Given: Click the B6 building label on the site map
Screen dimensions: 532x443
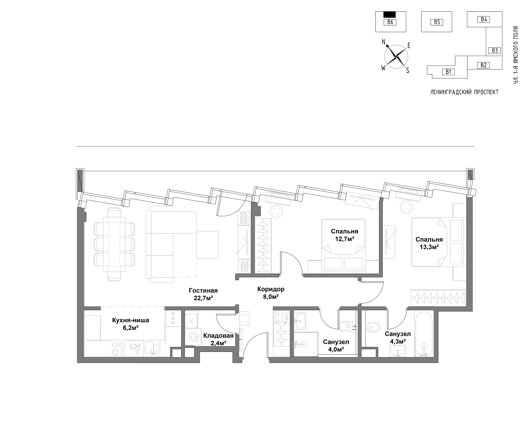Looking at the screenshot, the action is point(390,22).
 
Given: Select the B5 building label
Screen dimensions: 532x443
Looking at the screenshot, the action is point(437,22).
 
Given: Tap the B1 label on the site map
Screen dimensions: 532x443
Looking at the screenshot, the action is point(449,72).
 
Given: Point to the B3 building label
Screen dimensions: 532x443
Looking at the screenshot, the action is point(495,50).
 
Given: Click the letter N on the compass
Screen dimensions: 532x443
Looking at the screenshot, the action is point(384,42).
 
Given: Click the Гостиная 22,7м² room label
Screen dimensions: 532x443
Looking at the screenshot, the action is point(203,294).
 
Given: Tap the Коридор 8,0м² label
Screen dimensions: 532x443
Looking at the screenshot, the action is point(271,293).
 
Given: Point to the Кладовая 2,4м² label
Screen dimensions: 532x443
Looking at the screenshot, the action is point(218,339).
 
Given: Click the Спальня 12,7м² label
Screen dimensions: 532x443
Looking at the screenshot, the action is point(345,235).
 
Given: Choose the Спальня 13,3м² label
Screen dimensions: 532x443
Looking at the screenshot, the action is point(429,243).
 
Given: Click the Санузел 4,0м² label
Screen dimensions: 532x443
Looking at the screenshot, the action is point(336,346).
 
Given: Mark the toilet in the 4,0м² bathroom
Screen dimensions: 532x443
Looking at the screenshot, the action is point(345,326).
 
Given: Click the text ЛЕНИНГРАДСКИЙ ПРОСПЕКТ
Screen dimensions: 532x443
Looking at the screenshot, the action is point(464,92).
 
